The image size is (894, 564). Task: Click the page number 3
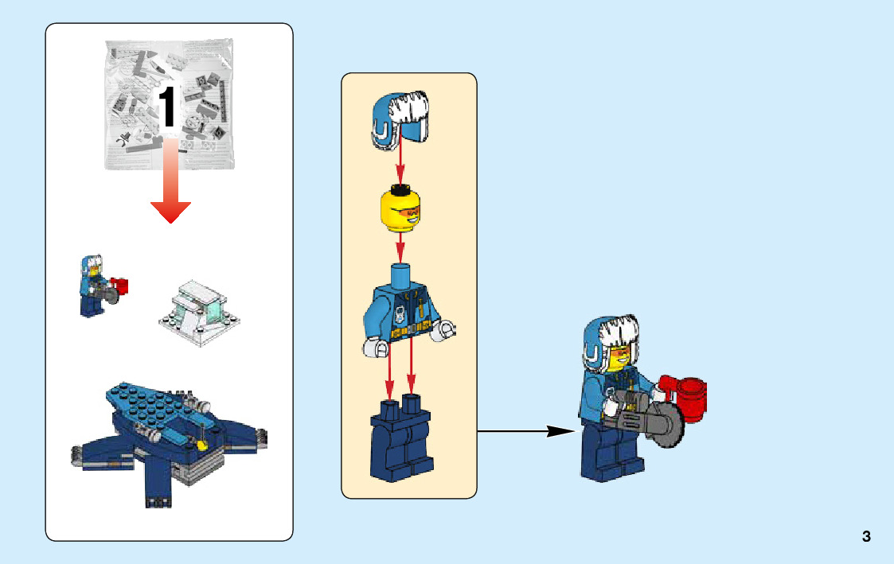click(x=866, y=537)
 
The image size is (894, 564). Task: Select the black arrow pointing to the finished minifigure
click(x=525, y=432)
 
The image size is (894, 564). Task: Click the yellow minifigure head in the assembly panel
click(x=400, y=212)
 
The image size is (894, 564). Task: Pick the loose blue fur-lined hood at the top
click(x=400, y=119)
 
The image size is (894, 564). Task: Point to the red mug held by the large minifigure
click(x=689, y=396)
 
